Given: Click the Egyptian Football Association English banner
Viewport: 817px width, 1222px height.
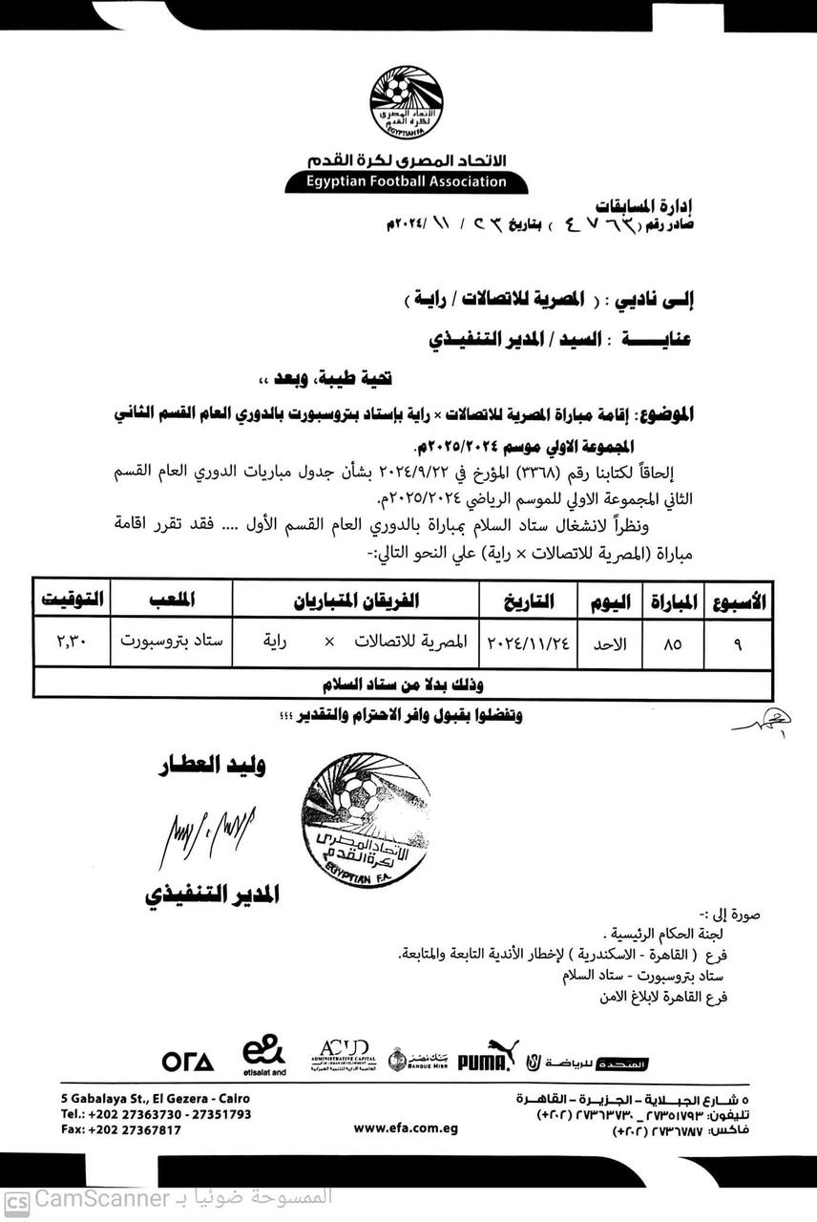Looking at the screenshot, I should click(x=407, y=181).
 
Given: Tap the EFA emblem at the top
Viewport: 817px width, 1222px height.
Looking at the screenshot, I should click(x=408, y=98).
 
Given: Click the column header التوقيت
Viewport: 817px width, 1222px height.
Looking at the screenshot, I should click(x=71, y=601).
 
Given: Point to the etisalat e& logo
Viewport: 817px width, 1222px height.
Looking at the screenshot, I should click(x=262, y=1057).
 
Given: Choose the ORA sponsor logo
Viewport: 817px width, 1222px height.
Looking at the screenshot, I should click(x=188, y=1061).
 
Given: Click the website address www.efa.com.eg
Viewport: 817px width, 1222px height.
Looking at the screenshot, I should click(x=406, y=1128).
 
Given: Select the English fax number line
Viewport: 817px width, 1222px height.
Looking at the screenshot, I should click(x=120, y=1129).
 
